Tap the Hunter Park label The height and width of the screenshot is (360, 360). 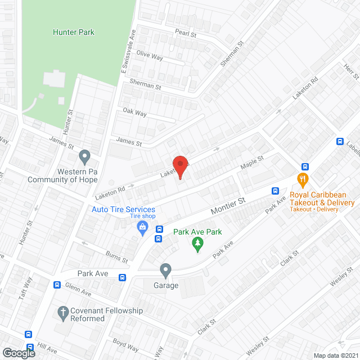pos(74,32)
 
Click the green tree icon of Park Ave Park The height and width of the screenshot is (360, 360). pos(197,244)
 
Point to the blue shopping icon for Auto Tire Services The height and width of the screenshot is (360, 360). pos(143,228)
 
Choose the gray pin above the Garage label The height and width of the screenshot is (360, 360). pos(165,271)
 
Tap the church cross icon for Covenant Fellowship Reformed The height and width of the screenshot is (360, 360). pos(64,311)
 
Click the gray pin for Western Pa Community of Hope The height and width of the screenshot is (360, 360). pos(85,155)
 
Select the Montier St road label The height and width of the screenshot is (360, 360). pos(229,205)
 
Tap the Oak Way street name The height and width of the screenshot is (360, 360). pos(134,113)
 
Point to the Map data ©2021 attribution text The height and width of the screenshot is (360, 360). pos(335,355)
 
